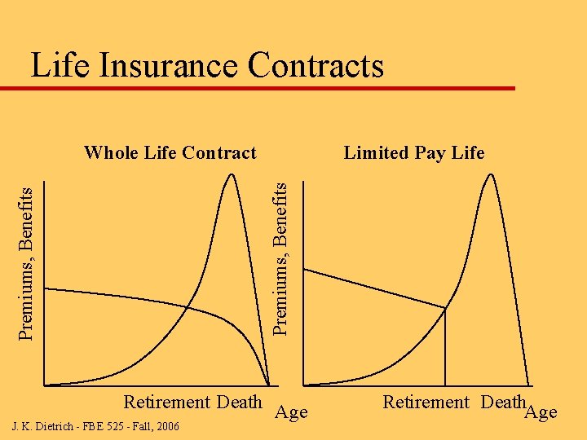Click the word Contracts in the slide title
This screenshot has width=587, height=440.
pos(320,65)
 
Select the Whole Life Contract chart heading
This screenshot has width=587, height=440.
pos(170,152)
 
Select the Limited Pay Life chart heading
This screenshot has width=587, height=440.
pos(414,152)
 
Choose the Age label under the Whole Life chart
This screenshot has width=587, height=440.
pos(291,412)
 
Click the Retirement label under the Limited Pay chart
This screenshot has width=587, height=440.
pos(426,402)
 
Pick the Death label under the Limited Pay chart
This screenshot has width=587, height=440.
pos(502,402)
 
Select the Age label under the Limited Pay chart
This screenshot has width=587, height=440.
pos(541,412)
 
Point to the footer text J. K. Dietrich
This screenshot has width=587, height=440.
pos(45,426)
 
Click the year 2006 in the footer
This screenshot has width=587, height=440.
pos(167,426)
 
